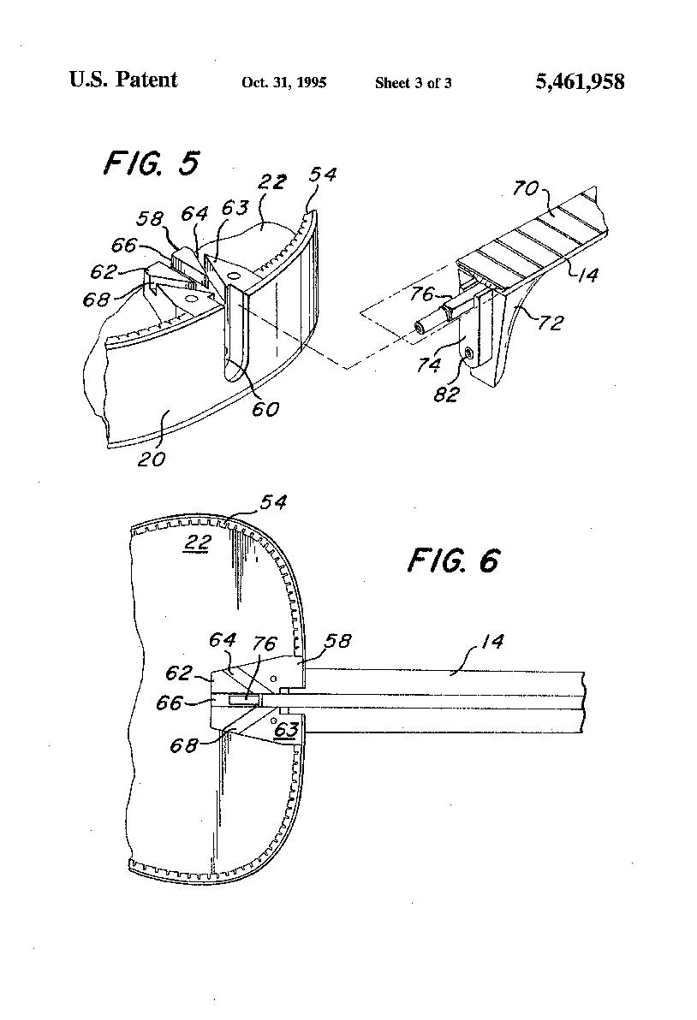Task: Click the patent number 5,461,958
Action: click(x=580, y=81)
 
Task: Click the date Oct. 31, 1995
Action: click(x=283, y=83)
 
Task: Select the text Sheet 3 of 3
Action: click(x=414, y=83)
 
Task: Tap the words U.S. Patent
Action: click(x=123, y=80)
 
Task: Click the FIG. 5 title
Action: click(x=151, y=163)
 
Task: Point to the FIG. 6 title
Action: click(x=454, y=560)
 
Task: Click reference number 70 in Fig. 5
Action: click(x=525, y=188)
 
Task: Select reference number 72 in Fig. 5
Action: click(x=550, y=323)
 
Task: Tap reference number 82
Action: click(x=446, y=394)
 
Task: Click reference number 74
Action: click(x=429, y=365)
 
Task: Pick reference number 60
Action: click(x=265, y=408)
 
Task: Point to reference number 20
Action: click(x=152, y=459)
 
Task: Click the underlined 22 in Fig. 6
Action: click(x=197, y=542)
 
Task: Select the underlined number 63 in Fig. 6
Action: click(x=286, y=730)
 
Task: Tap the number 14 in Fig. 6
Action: click(x=492, y=642)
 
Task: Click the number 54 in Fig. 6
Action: click(x=273, y=501)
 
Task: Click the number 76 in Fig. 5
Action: click(x=422, y=294)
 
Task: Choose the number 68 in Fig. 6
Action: click(x=183, y=744)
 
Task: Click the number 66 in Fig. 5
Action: click(x=123, y=245)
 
